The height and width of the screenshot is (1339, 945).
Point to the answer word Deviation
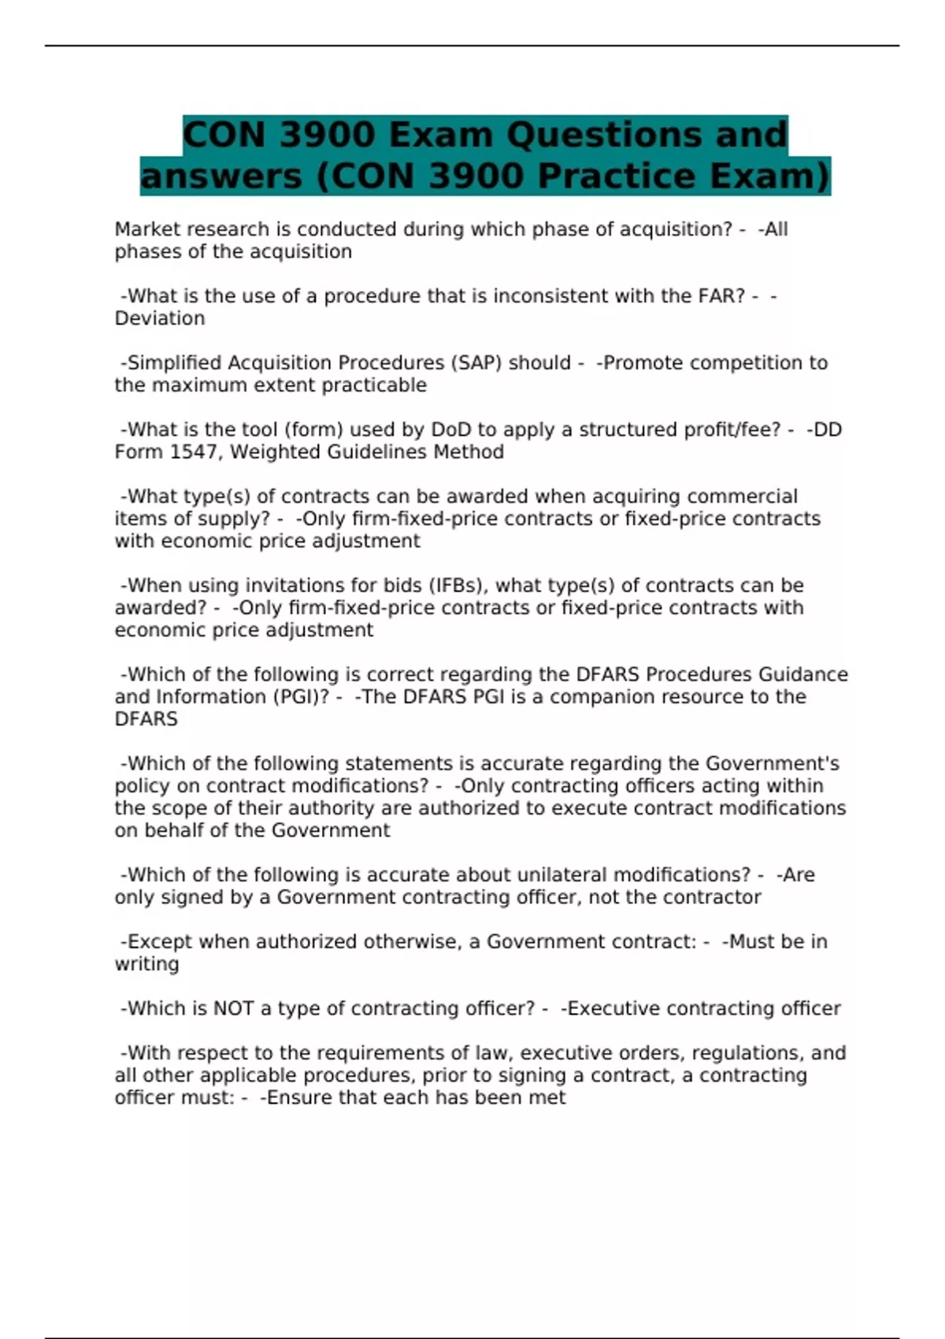pos(160,318)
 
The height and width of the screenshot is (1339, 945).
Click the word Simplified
pos(174,363)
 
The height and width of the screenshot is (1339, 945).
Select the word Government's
pos(772,764)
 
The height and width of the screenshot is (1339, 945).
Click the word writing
pos(146,964)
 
